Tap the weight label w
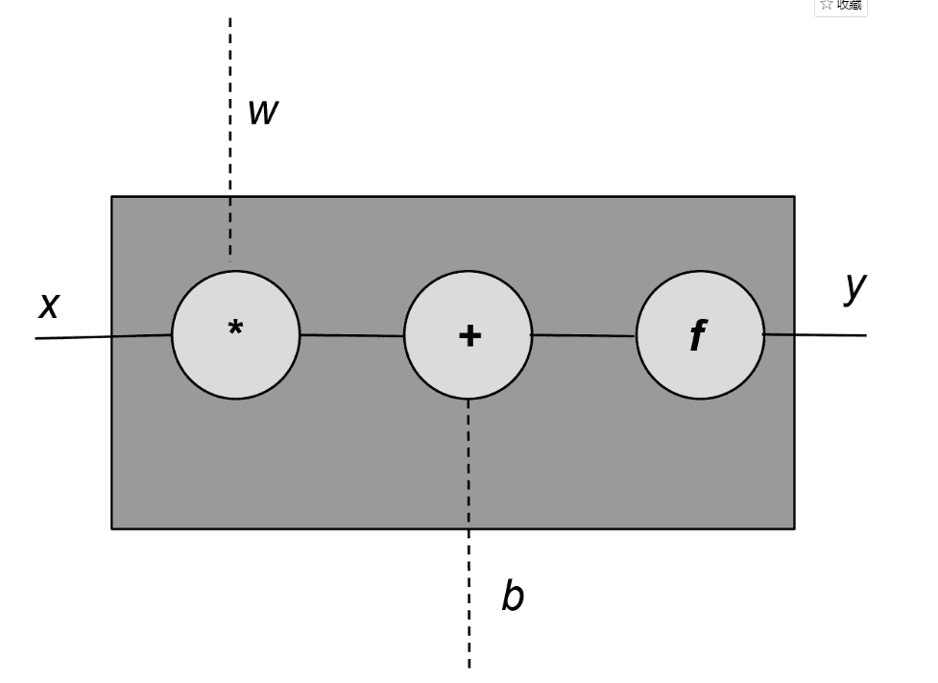[262, 112]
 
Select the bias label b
[513, 596]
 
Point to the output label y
[855, 286]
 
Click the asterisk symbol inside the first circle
[235, 329]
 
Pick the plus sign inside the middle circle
[469, 335]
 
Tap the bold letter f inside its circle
[698, 336]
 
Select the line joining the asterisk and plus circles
[351, 335]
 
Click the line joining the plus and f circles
[584, 335]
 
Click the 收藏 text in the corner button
[850, 5]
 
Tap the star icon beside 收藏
[827, 5]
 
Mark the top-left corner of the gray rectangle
[112, 197]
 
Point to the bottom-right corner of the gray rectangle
[794, 527]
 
